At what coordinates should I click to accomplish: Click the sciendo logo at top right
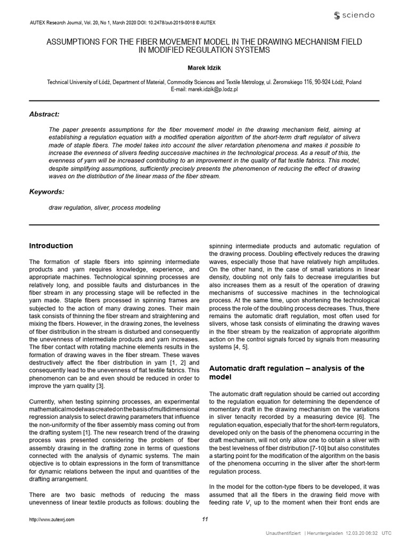pos(353,14)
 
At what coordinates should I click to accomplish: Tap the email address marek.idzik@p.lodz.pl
pos(204,89)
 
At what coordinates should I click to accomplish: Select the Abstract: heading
pos(44,114)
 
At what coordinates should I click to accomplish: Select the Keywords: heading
pos(46,191)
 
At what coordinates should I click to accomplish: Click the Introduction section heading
pos(51,246)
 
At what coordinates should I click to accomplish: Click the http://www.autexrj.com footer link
pos(52,519)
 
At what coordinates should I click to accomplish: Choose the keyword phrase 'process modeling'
pos(137,207)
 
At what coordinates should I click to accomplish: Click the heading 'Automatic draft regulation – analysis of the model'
pos(287,373)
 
